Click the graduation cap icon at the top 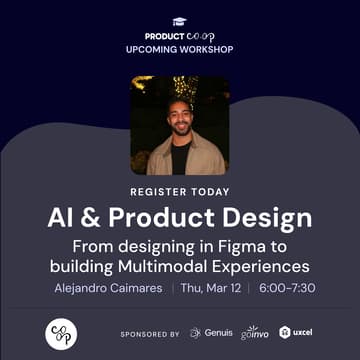point(180,20)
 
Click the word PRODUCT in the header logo point(162,34)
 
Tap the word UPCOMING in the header point(153,48)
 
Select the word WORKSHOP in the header point(206,48)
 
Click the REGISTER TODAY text point(180,191)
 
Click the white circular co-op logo point(62,333)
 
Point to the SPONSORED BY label point(149,334)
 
